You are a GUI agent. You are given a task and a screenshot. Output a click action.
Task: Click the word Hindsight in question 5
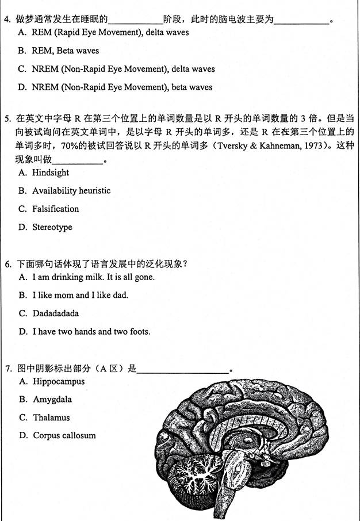(51, 173)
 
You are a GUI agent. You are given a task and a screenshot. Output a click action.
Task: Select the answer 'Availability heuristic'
(71, 190)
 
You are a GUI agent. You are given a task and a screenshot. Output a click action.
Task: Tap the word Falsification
(55, 209)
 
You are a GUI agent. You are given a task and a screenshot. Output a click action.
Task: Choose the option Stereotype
(52, 227)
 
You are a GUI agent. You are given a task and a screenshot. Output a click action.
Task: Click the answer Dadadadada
(56, 313)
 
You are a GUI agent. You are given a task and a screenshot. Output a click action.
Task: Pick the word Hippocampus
(59, 381)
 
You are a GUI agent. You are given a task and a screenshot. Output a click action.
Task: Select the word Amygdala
(52, 399)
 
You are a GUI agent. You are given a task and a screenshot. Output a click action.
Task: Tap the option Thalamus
(51, 417)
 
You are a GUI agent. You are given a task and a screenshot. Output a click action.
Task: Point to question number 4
(7, 19)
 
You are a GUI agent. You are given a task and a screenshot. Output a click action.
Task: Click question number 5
(7, 119)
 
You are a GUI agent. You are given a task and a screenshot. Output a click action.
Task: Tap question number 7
(7, 369)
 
